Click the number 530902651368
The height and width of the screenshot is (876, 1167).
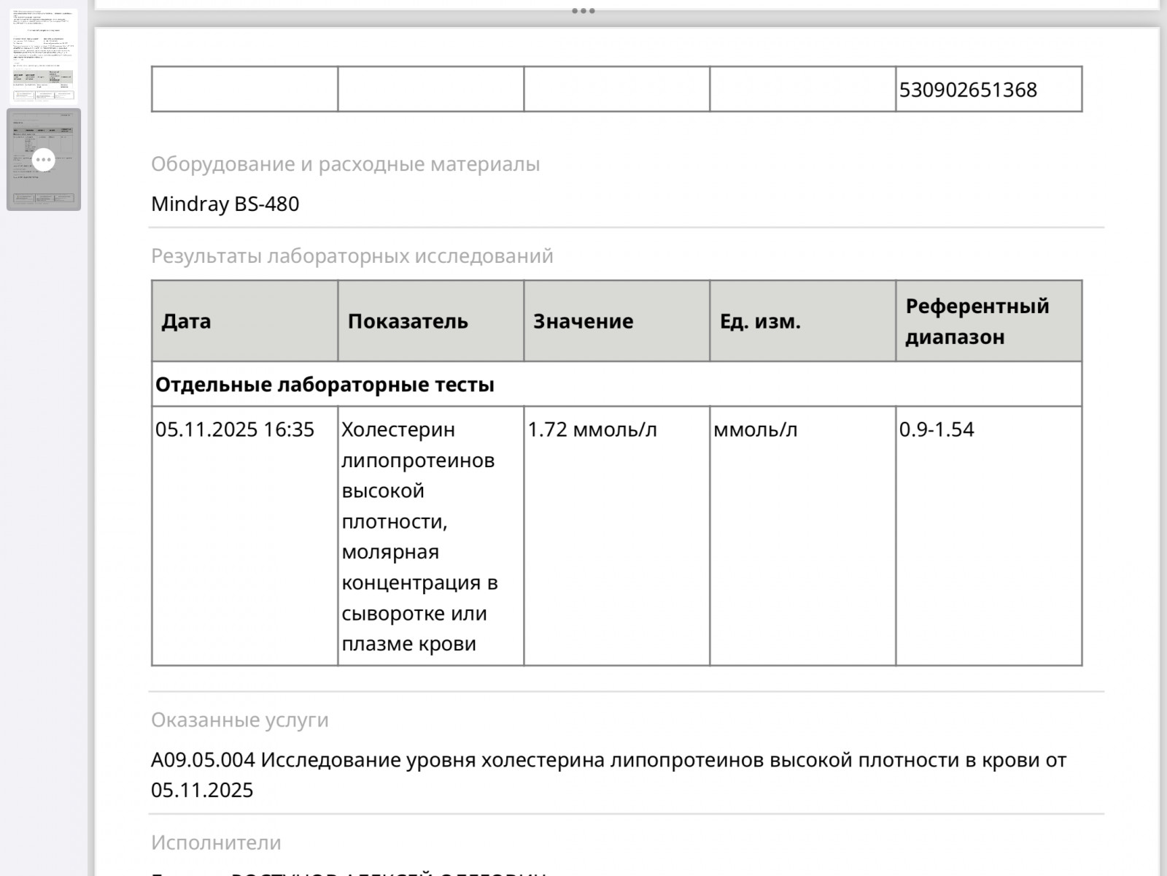tap(968, 90)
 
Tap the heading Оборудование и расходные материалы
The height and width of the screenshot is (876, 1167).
tap(345, 164)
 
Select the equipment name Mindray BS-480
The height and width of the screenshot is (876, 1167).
tap(225, 204)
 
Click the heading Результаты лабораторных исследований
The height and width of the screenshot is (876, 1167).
tap(352, 256)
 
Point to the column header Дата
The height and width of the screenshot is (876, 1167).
tap(186, 321)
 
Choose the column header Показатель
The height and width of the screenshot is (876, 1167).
tap(408, 321)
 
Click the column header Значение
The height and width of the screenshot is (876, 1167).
tap(583, 321)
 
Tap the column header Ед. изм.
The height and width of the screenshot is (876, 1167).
tap(760, 321)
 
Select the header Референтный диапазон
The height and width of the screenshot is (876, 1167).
tap(977, 321)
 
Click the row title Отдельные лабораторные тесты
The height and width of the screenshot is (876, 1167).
tap(325, 385)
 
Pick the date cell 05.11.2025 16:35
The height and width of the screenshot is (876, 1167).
tap(234, 429)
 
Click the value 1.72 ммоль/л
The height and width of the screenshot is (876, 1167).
tap(592, 429)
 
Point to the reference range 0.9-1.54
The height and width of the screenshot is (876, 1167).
tap(937, 429)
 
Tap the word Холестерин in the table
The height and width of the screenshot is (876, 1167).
tap(398, 430)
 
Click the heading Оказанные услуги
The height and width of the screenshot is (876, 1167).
tap(239, 720)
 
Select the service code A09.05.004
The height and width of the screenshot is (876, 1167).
tap(203, 760)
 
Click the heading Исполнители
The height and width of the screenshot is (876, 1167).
tap(216, 842)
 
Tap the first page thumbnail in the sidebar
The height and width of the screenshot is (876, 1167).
tap(44, 55)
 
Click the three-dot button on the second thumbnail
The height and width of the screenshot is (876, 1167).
tap(44, 159)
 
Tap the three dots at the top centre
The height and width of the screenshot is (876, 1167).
tap(583, 11)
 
